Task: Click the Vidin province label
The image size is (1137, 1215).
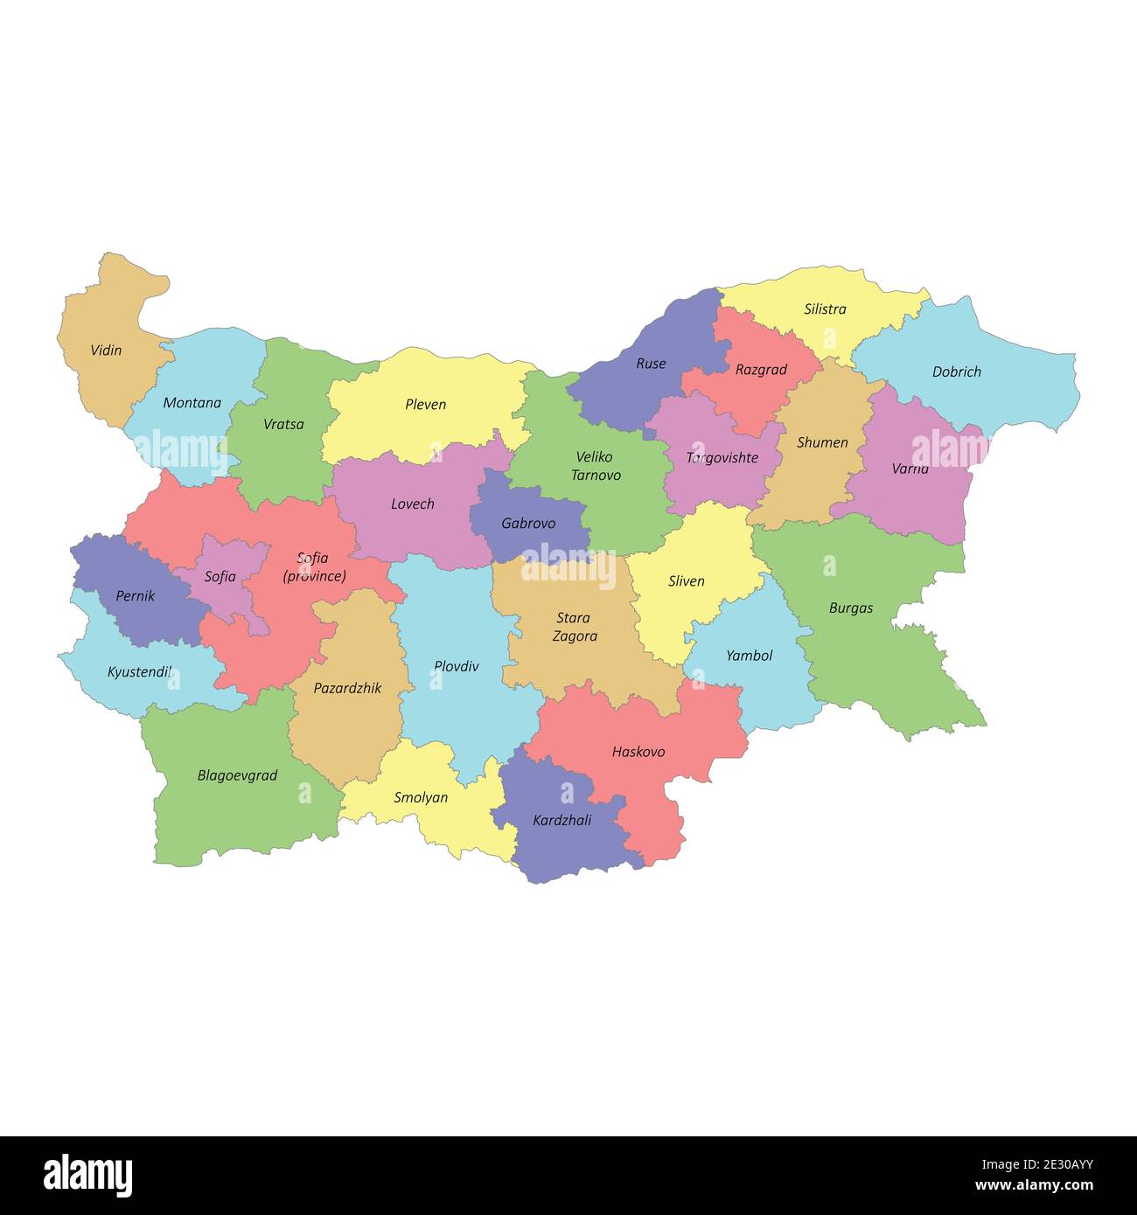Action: pos(106,351)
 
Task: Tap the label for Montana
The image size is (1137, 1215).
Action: pos(192,403)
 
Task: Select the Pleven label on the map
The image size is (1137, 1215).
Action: pos(425,405)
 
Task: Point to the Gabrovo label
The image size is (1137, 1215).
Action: pos(528,524)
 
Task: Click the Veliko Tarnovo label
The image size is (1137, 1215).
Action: pos(596,466)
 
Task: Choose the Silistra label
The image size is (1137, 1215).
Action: pos(825,309)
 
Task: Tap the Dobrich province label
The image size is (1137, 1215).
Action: pos(956,371)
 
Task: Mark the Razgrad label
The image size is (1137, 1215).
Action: pos(761,370)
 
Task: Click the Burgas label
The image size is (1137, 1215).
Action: pos(850,608)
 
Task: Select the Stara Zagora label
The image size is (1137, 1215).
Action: pos(575,627)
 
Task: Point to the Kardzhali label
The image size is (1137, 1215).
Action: pos(562,820)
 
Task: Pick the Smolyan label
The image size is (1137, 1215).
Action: pos(421,797)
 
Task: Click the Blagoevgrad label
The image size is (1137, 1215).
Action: pos(237,775)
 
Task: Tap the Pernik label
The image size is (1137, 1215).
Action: pos(135,596)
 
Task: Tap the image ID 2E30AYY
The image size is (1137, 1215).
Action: pos(1046,1163)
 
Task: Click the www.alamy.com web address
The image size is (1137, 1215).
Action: pos(1034,1186)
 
